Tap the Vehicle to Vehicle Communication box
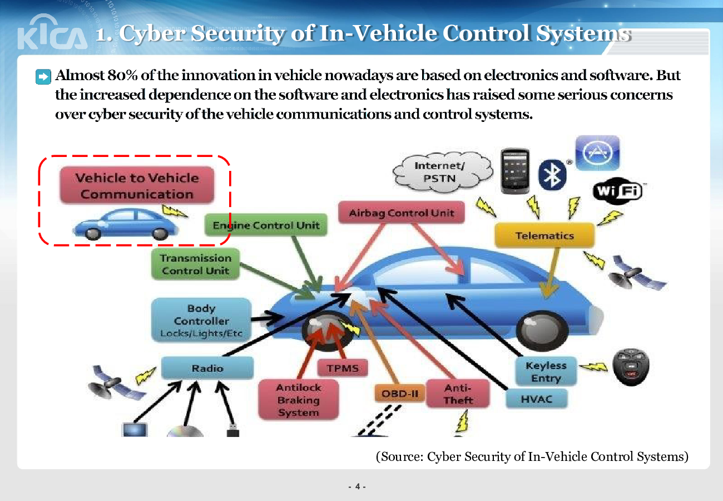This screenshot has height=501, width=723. pos(137,186)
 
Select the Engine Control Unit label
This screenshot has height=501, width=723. pos(266,225)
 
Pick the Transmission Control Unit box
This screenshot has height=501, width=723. pos(195,264)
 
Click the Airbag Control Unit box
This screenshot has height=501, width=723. pos(401,213)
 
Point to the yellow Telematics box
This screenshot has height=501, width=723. pos(544,235)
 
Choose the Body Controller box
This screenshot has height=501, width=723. pos(201,321)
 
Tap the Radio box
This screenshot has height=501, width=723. pos(207,368)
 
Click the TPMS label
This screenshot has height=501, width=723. pos(343,368)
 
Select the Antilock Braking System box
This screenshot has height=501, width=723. pos(298,400)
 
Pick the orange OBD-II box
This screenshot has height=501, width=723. pos(399,394)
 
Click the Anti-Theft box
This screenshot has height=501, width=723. pos(458,394)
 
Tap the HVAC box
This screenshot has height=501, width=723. pos(536,399)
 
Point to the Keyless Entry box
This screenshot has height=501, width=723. pos(546,372)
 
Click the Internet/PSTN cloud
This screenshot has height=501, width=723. pos(439,172)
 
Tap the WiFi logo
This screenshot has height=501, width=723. pos(617,191)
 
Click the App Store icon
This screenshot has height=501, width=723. pos(597,153)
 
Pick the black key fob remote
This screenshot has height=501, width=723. pos(631,367)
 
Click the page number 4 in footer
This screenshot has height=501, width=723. pos(356,488)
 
